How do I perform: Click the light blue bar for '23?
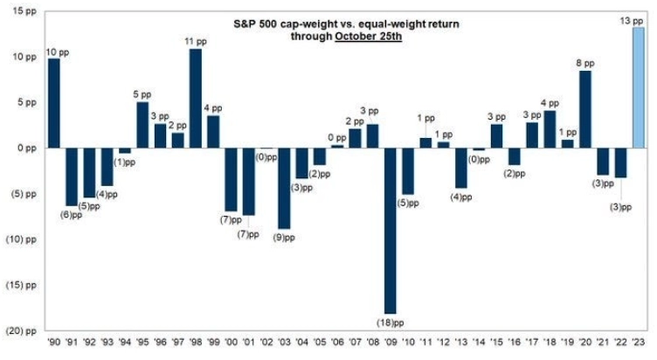(x=640, y=87)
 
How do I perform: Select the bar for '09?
(x=389, y=230)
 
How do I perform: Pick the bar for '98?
(x=196, y=98)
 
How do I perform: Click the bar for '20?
(x=585, y=109)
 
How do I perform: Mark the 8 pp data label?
(x=585, y=63)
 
